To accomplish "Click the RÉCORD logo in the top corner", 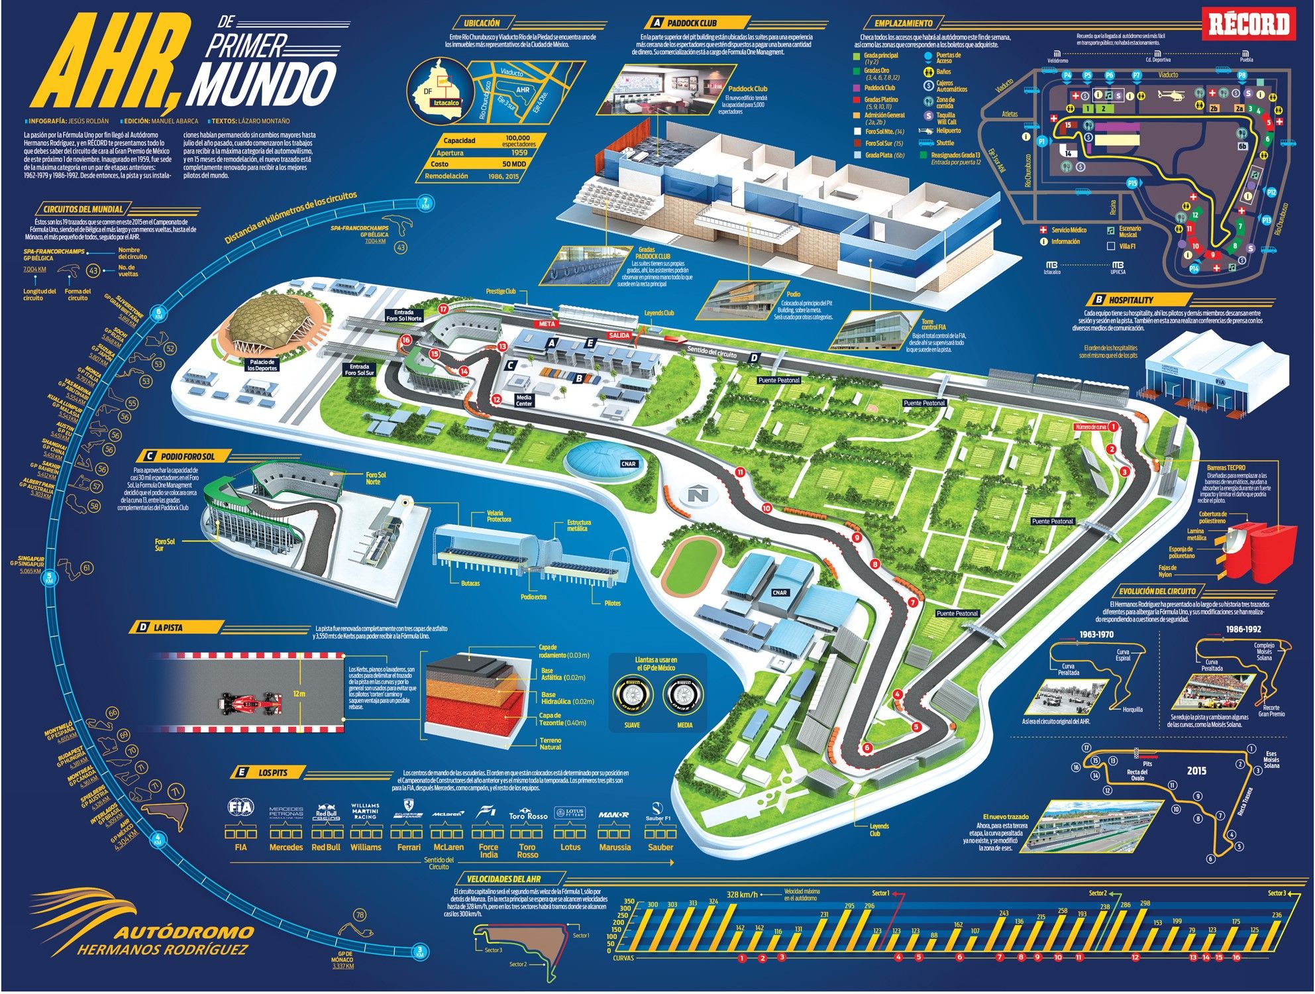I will click(x=1249, y=25).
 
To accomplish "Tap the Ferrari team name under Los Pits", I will click(x=409, y=848).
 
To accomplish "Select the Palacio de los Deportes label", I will click(x=263, y=364).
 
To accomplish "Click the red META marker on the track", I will click(x=547, y=324).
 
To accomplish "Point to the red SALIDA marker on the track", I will click(x=619, y=336).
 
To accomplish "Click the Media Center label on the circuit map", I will click(x=523, y=400).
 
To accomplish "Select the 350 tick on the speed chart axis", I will click(x=629, y=901).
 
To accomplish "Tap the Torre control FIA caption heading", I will click(x=935, y=325).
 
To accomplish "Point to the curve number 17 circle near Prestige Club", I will click(x=443, y=309).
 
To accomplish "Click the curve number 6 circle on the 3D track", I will click(x=867, y=748).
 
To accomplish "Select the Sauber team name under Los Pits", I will click(x=660, y=848).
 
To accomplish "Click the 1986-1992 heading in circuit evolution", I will click(x=1243, y=630).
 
